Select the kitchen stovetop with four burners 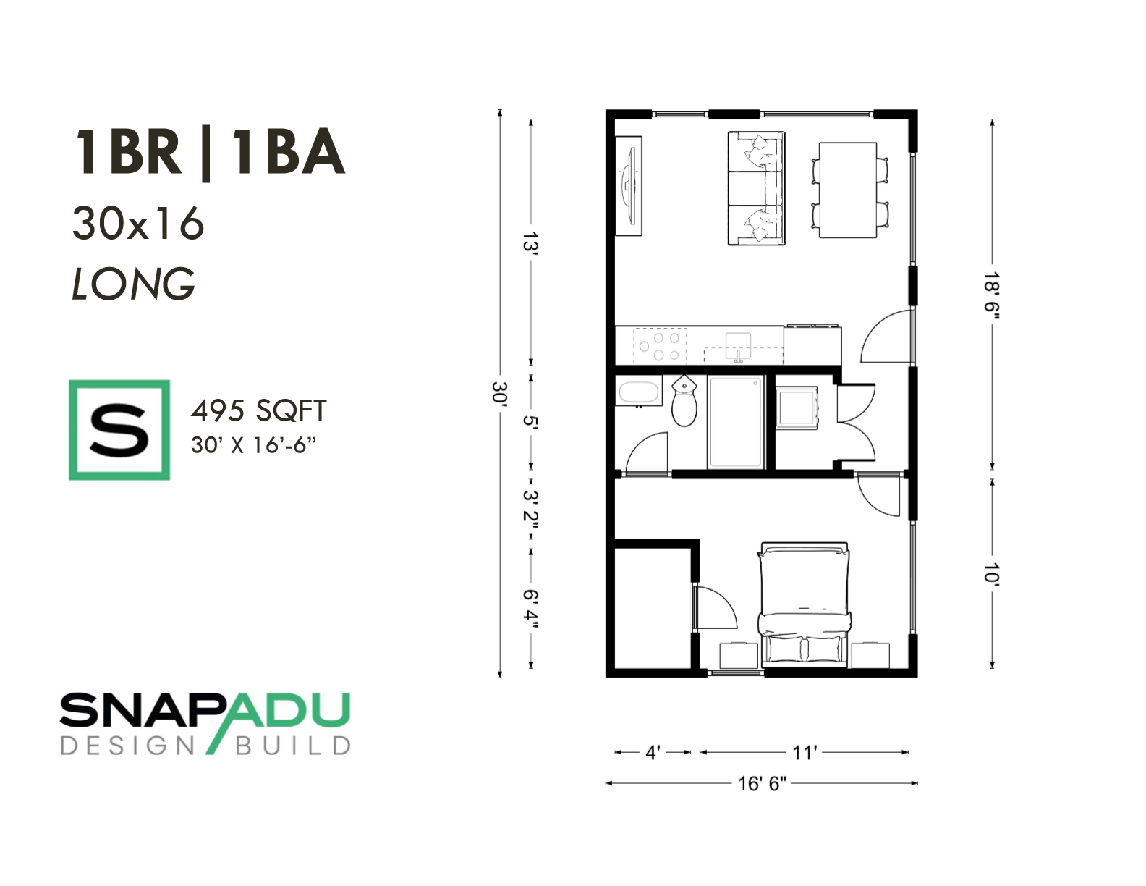pos(659,345)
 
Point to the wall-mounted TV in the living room pos(629,186)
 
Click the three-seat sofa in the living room pos(756,188)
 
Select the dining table pos(848,190)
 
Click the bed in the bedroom pos(805,604)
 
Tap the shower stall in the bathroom pos(736,422)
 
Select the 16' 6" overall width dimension pos(762,784)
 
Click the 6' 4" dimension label pos(531,609)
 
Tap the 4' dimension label pos(653,753)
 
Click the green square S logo pos(119,430)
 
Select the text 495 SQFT pos(258,411)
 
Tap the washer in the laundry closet pos(797,406)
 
